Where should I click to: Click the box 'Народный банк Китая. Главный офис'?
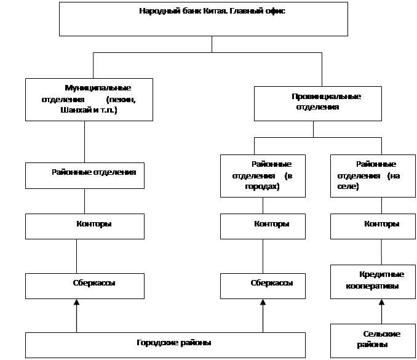(x=204, y=19)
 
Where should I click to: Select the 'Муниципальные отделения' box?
(x=89, y=100)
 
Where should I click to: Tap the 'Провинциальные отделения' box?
(x=318, y=103)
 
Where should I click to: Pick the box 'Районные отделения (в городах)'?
(x=263, y=176)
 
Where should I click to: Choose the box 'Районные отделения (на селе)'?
(x=373, y=176)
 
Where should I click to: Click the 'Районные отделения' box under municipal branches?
(x=85, y=175)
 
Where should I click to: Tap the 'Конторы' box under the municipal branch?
(x=85, y=226)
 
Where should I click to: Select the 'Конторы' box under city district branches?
(x=263, y=226)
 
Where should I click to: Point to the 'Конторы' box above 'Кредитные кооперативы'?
(x=373, y=226)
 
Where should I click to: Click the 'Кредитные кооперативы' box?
(x=373, y=282)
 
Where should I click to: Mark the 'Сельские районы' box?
(x=373, y=341)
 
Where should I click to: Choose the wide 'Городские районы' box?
(x=165, y=345)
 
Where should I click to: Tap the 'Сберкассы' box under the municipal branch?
(x=85, y=286)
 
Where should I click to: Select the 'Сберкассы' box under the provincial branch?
(x=263, y=286)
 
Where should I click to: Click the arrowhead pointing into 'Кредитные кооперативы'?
(x=381, y=302)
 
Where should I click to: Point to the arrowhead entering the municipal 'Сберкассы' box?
(x=77, y=302)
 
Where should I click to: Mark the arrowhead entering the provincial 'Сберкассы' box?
(x=263, y=302)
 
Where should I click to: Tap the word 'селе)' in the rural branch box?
(x=348, y=186)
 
